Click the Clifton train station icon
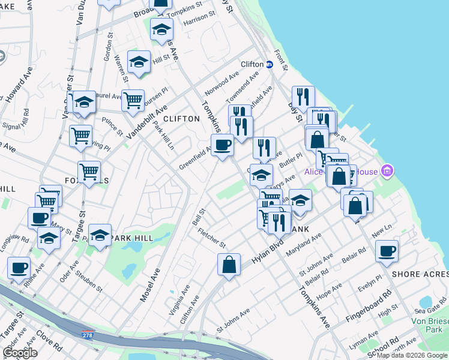[270, 64]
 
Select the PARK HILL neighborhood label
[131, 238]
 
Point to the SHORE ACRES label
[418, 274]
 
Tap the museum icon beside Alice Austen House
[387, 172]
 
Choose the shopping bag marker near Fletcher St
[229, 264]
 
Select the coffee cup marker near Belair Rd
[387, 250]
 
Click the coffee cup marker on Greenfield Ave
[222, 145]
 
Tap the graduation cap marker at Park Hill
[100, 235]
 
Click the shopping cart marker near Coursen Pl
[133, 100]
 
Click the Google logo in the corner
[20, 353]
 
